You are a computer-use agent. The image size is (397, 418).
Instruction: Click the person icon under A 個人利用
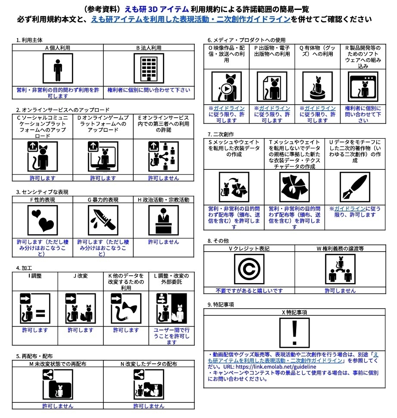coord(57,69)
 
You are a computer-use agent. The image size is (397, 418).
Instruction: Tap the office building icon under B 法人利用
coord(148,69)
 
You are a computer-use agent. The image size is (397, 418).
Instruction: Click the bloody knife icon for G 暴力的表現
coord(103,220)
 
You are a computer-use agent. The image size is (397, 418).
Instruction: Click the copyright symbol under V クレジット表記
coord(249,269)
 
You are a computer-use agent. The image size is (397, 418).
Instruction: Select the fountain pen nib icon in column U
coord(355,187)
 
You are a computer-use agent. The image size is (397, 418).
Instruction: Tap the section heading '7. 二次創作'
coord(221,134)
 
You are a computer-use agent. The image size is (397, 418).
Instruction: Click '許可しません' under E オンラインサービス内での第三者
coord(163,178)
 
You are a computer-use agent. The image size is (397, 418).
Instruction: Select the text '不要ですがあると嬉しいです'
coord(249,290)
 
